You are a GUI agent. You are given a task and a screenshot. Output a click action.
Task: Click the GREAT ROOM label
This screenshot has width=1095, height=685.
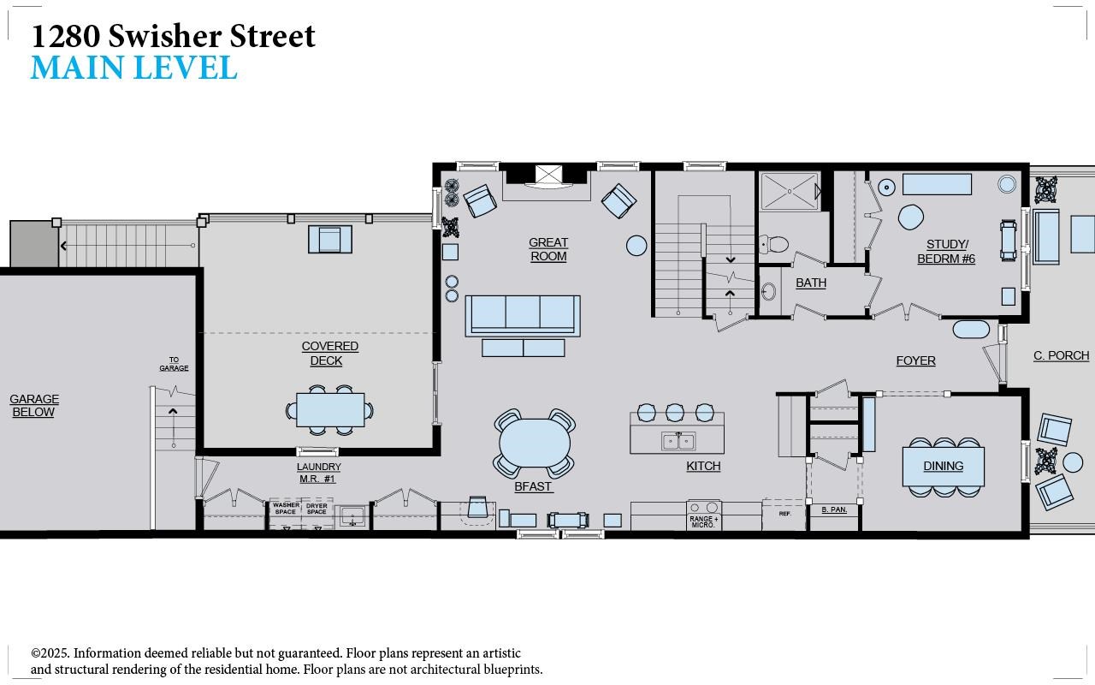point(548,249)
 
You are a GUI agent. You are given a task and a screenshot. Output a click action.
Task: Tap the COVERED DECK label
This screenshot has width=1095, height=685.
point(329,354)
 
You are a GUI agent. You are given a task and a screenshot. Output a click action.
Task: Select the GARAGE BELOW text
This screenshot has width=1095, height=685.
point(34,406)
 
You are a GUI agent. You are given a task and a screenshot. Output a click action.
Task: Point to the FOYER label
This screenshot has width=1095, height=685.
point(915,360)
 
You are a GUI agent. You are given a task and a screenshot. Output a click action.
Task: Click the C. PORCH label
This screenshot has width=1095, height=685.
point(1062,355)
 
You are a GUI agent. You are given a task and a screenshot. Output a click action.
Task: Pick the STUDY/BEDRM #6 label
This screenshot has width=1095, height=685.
point(946,252)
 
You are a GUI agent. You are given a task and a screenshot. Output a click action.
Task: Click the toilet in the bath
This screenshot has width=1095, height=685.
point(774,244)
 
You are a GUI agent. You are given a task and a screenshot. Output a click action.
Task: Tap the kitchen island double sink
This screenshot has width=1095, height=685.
point(678,441)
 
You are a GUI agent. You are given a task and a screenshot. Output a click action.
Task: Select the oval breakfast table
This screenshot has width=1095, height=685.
point(535,443)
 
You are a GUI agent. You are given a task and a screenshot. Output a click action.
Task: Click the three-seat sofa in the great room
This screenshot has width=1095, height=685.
point(523,316)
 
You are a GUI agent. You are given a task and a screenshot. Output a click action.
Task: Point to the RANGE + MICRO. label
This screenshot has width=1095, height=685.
point(704,522)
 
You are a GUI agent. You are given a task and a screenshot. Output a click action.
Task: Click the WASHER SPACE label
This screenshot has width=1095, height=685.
point(286,509)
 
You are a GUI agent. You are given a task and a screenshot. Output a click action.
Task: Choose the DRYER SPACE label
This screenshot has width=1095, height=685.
point(317,509)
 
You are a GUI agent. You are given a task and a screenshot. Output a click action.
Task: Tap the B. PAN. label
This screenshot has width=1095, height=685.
point(834,509)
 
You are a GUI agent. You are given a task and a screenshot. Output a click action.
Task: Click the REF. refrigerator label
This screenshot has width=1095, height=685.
point(784,514)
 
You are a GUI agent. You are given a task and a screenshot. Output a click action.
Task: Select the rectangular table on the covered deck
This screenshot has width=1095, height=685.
point(330,410)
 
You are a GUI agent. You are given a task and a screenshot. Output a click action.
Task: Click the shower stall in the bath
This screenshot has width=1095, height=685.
point(790,191)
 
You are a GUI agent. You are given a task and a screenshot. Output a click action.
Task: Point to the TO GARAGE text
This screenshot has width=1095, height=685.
point(174,364)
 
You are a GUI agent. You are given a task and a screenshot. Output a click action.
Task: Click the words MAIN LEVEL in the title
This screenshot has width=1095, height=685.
point(134,68)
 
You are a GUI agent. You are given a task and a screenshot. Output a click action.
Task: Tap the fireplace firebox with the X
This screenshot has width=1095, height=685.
point(548,174)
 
